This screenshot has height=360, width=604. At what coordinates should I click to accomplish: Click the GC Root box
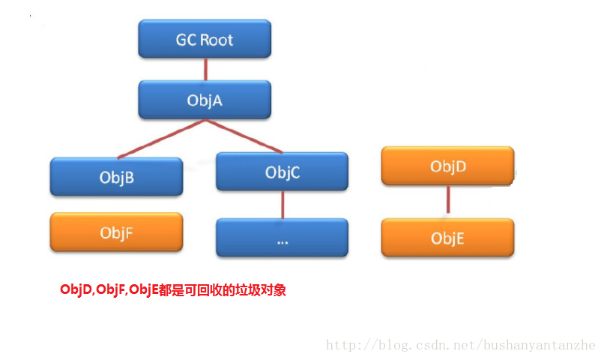point(205,39)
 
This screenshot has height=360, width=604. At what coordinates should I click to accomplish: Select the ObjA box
point(205,100)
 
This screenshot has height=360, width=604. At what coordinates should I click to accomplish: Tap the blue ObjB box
point(116,177)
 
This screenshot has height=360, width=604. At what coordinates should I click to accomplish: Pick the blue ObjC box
point(282,172)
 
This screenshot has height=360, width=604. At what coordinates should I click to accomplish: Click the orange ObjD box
point(447,166)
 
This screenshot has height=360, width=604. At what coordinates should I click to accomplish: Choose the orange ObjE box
point(447,238)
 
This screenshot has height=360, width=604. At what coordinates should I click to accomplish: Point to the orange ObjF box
point(116,232)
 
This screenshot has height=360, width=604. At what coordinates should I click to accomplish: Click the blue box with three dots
point(282,238)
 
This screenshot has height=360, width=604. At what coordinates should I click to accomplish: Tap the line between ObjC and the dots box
point(282,204)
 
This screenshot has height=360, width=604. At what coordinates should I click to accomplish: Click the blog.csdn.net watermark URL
point(460,346)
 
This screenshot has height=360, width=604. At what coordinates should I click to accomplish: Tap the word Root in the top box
point(217,39)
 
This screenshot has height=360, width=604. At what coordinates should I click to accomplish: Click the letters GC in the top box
point(186,39)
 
